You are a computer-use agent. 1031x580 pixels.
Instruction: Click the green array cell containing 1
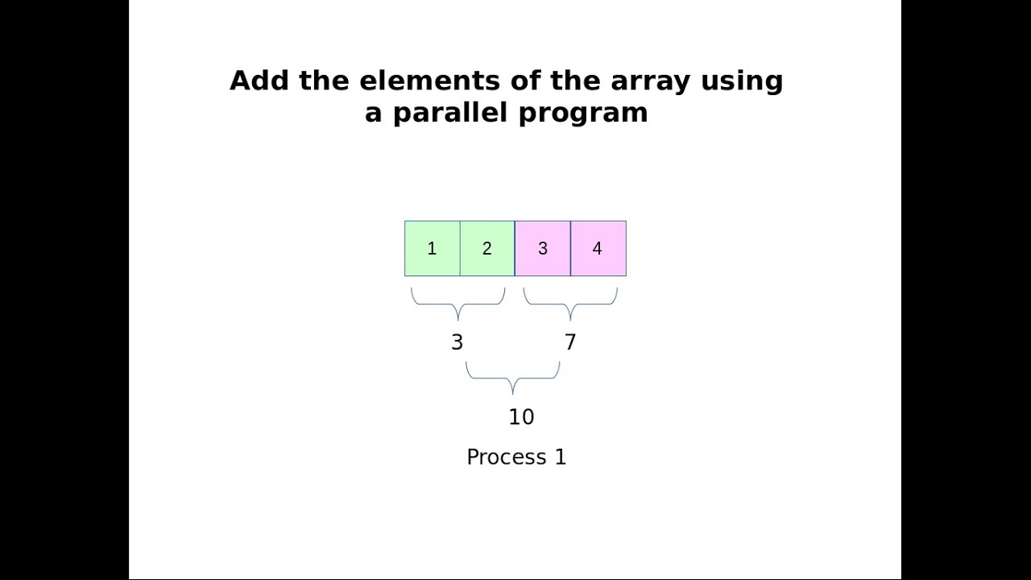[x=433, y=249]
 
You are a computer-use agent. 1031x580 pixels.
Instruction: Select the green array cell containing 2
[x=487, y=249]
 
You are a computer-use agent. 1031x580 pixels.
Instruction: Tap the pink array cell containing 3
[x=543, y=249]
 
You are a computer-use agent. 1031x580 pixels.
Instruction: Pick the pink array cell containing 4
[x=598, y=249]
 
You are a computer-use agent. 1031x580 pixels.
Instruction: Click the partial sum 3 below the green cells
[x=457, y=342]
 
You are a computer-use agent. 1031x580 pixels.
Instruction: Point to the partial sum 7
[x=570, y=342]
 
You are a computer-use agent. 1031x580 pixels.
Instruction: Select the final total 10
[x=521, y=416]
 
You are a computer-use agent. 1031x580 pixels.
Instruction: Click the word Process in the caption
[x=507, y=457]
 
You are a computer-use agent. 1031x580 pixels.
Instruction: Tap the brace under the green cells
[x=458, y=304]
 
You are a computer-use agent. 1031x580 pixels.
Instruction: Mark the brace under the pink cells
[x=570, y=304]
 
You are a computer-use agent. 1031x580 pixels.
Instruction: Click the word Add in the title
[x=260, y=81]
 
